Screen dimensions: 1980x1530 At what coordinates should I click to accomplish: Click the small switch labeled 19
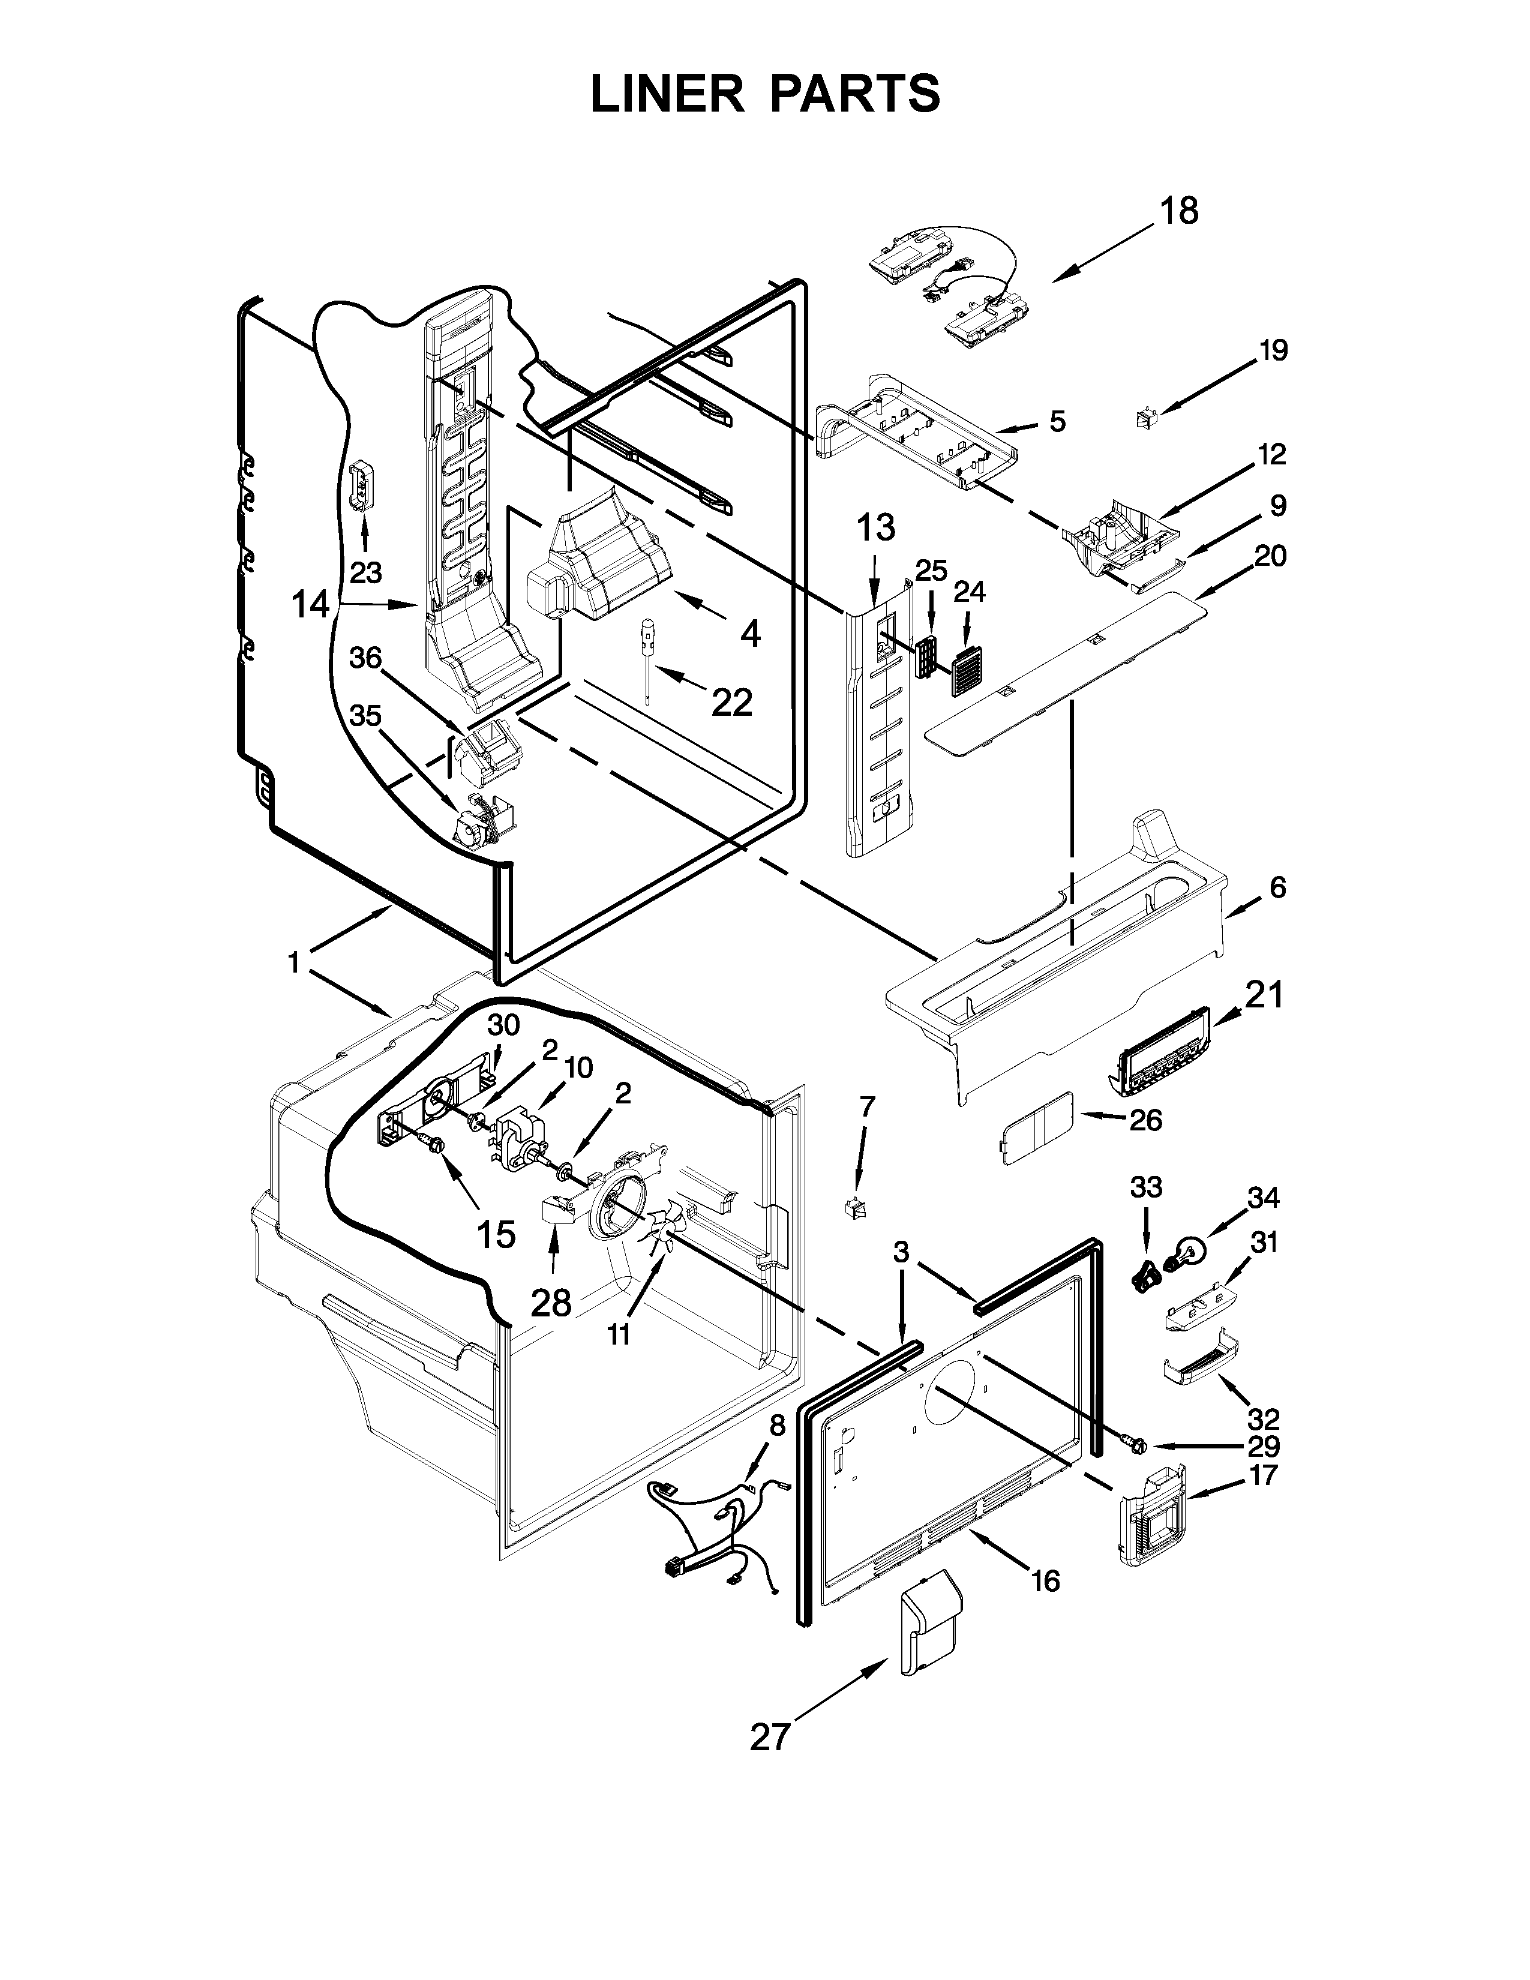coord(1145,418)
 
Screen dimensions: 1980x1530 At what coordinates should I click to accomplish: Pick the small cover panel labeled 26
coord(1037,1128)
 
